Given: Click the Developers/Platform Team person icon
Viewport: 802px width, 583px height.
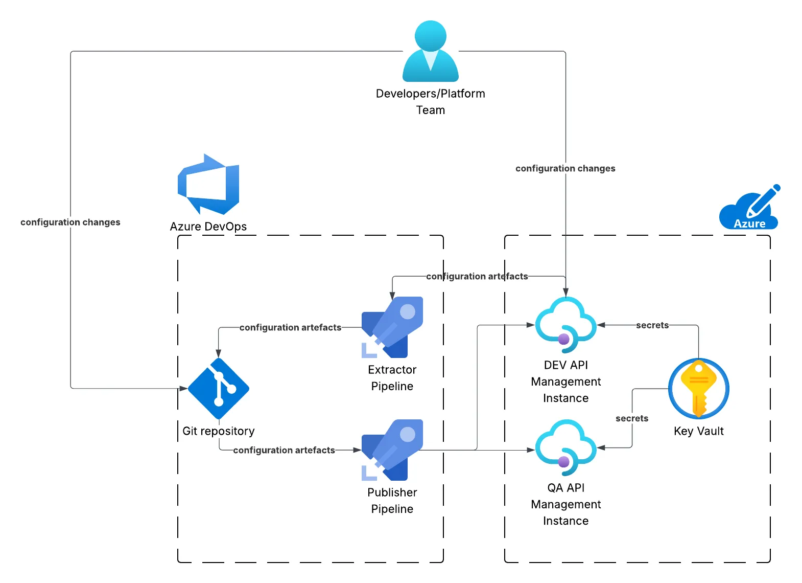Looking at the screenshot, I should click(x=431, y=51).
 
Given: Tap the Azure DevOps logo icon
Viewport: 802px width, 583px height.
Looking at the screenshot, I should click(x=208, y=185).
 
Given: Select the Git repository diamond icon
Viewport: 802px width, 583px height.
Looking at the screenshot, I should click(x=219, y=389).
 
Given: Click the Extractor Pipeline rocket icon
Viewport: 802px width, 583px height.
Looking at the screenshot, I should click(x=392, y=327).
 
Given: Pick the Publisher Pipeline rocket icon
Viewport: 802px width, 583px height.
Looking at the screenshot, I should click(x=392, y=450).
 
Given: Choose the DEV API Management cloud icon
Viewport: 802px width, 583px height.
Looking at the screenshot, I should click(x=565, y=325).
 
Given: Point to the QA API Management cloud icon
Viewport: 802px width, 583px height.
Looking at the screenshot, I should click(x=565, y=447).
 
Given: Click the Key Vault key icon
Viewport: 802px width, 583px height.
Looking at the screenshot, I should click(x=698, y=389).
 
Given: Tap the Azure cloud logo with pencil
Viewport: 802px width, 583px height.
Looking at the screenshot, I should click(x=749, y=208).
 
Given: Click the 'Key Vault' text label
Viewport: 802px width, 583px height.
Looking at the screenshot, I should click(x=698, y=431).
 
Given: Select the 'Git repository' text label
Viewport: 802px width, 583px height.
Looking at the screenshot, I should click(x=219, y=431).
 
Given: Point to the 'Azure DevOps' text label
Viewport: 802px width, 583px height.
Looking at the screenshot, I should click(x=208, y=227).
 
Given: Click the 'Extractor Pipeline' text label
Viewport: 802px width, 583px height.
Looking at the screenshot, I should click(x=392, y=378).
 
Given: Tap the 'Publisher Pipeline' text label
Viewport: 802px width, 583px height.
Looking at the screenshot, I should click(x=392, y=501).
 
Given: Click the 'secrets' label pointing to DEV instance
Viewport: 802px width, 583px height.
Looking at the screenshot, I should click(x=652, y=325).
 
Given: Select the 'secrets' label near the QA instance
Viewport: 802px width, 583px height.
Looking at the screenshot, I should click(x=632, y=418).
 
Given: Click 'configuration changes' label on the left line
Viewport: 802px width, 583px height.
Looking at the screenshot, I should click(x=70, y=222).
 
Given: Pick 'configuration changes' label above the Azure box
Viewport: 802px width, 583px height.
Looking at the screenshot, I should click(x=565, y=168).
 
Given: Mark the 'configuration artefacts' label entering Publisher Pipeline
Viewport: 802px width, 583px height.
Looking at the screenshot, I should click(x=284, y=450).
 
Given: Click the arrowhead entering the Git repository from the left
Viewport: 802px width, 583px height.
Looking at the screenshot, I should click(x=183, y=389).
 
